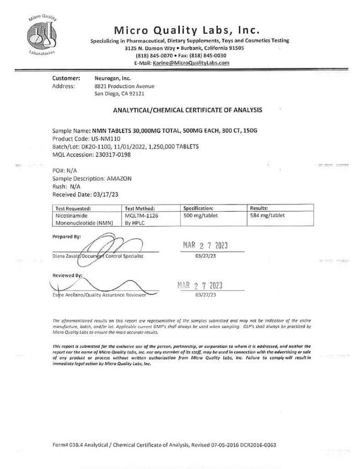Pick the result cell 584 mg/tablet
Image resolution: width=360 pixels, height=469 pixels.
(x=268, y=216)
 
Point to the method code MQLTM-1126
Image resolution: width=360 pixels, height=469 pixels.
(x=143, y=216)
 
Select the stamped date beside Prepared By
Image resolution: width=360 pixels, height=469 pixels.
(x=205, y=246)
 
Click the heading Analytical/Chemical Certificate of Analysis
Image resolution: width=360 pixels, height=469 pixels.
(x=187, y=110)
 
